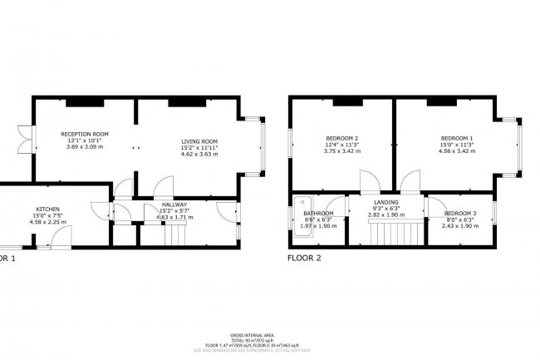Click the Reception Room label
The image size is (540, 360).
pos(85,134)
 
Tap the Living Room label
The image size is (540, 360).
pos(199,141)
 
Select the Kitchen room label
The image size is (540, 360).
pos(47,210)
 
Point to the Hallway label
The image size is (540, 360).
pos(174,205)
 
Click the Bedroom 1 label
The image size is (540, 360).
pos(457,137)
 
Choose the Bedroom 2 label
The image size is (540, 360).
pos(342,137)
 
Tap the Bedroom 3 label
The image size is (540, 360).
pos(459,213)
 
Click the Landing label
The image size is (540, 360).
pos(385,202)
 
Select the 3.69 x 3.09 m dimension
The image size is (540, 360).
pos(85,146)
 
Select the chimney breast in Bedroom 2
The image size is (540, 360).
pos(349,101)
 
